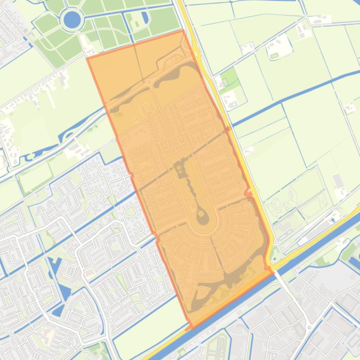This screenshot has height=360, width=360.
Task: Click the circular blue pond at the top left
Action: (x=72, y=20)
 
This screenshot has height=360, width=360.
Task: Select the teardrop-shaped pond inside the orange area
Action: (x=202, y=216)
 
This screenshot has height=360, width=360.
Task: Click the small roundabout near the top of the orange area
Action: (x=149, y=82)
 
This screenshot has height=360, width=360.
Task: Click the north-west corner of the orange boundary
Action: (x=88, y=58)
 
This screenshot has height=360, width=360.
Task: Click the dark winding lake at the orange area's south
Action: (x=234, y=281)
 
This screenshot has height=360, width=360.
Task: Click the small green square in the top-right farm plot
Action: (x=274, y=56)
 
